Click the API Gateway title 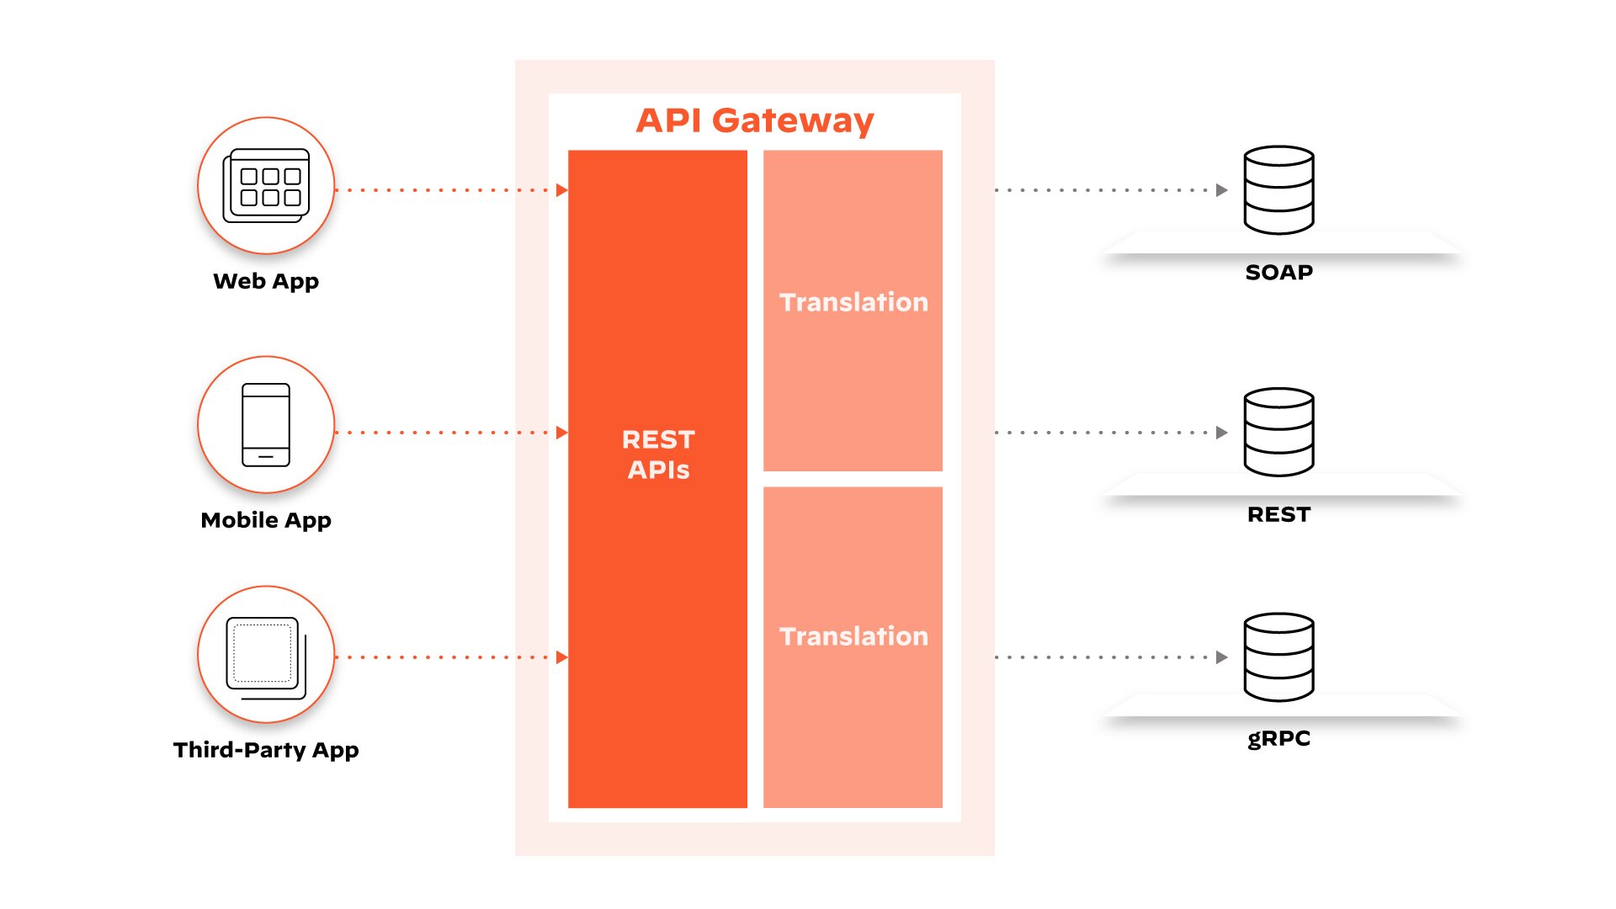(754, 120)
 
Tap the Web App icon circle (266, 185)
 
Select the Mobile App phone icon (266, 425)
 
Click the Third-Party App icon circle (266, 655)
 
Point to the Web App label (266, 281)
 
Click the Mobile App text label (266, 520)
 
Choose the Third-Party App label (266, 750)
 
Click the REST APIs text (658, 454)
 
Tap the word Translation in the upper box (853, 302)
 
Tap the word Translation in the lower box (853, 636)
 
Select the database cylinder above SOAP (1278, 190)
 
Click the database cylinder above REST (1278, 432)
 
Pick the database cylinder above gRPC (1278, 657)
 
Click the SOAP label (1278, 273)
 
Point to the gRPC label (1278, 739)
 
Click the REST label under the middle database (1278, 514)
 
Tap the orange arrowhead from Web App (561, 190)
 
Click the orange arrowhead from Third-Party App (561, 657)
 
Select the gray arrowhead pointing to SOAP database (1221, 190)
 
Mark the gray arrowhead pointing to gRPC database (1221, 657)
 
